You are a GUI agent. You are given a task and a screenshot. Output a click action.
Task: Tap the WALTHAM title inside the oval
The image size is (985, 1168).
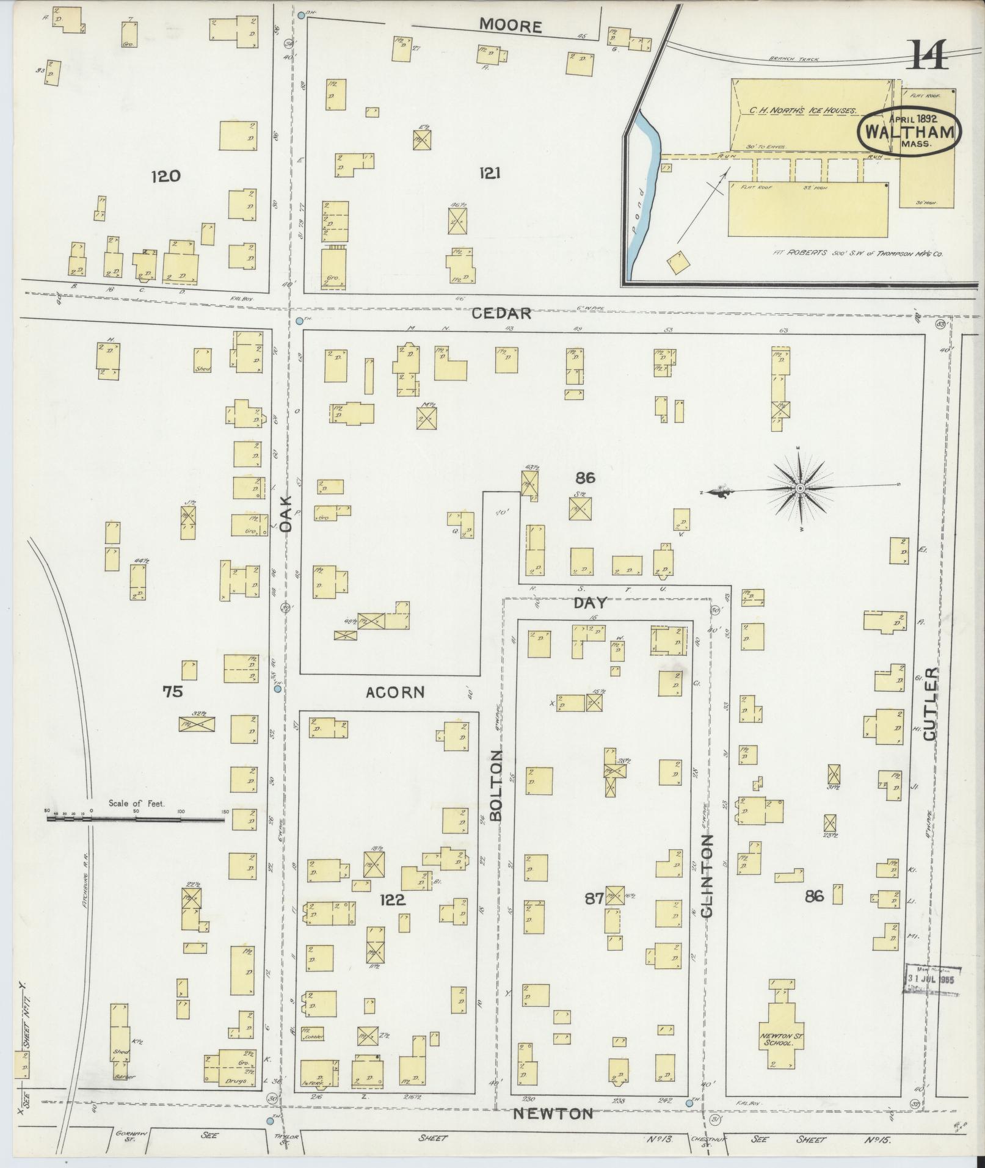(x=909, y=132)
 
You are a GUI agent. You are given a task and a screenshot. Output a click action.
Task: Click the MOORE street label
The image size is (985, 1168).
(x=511, y=26)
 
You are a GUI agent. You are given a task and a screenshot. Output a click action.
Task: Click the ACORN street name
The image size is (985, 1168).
(x=394, y=692)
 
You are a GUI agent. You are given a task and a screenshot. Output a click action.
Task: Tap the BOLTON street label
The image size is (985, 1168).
(x=495, y=785)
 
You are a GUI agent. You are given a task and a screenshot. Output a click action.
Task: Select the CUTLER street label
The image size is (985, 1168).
(x=929, y=703)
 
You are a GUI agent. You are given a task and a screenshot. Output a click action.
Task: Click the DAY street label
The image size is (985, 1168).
(x=591, y=603)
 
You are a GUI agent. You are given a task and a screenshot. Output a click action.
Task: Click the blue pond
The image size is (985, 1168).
(x=645, y=183)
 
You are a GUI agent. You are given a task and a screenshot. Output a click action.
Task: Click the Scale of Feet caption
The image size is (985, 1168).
(x=136, y=803)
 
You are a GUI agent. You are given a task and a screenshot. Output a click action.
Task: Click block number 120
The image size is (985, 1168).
(x=166, y=176)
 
